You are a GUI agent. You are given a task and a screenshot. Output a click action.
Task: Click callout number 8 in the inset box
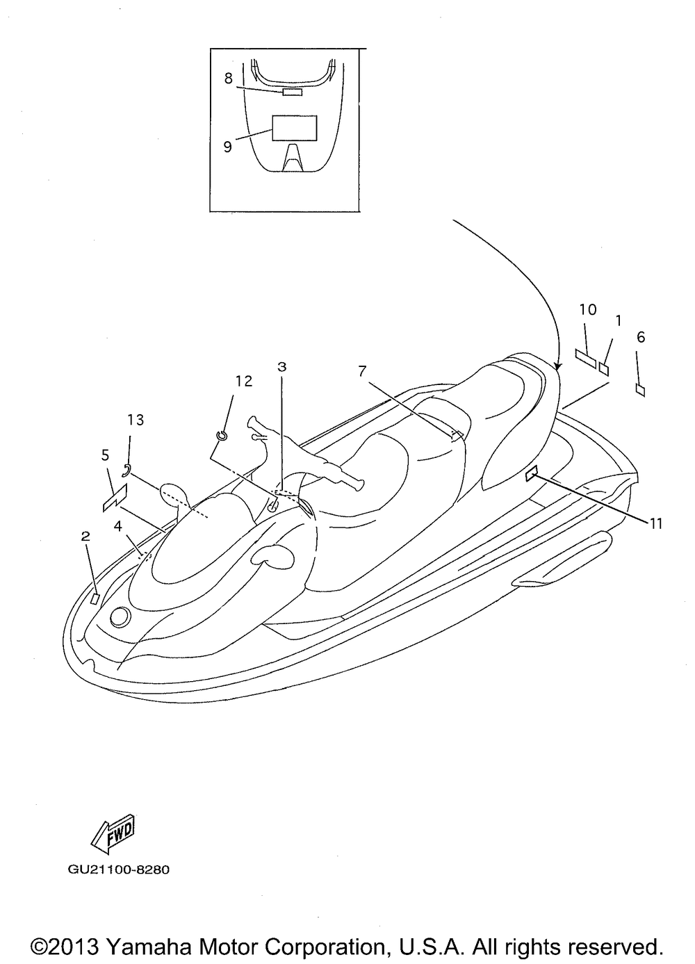point(228,79)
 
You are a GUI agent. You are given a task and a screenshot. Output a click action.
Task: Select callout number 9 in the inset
point(227,147)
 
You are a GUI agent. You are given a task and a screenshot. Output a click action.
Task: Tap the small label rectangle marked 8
point(292,92)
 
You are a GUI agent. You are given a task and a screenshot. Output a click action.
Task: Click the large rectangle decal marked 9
point(294,129)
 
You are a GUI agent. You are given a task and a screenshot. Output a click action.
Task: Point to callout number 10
point(587,309)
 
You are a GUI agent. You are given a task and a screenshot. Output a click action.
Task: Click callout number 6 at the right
point(641,337)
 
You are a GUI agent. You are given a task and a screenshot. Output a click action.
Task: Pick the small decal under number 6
point(640,390)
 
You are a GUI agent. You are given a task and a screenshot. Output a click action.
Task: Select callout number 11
point(655,523)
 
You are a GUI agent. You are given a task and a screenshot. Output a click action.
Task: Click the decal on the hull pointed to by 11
point(531,474)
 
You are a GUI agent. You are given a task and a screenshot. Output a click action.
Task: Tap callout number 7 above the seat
point(362,371)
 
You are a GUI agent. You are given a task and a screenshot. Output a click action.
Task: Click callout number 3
point(281,366)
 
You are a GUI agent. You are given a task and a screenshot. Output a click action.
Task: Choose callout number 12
point(243,381)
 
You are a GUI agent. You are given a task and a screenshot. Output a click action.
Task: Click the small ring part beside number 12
point(222,435)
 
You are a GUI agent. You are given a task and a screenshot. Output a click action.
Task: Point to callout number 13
point(135,419)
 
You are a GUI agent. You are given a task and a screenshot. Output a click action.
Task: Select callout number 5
point(105,455)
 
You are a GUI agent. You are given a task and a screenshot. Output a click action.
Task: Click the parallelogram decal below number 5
point(115,498)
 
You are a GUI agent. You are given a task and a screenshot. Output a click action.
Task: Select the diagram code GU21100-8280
point(119,869)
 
